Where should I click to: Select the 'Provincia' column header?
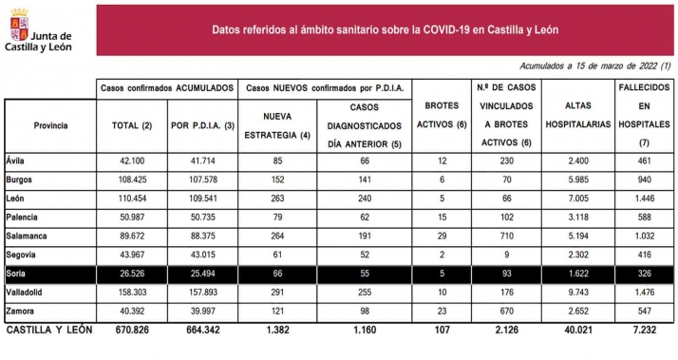(50, 125)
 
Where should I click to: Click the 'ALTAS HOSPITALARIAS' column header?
(579, 125)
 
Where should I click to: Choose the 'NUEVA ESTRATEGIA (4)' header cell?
(277, 125)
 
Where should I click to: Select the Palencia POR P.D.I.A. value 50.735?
(200, 218)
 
